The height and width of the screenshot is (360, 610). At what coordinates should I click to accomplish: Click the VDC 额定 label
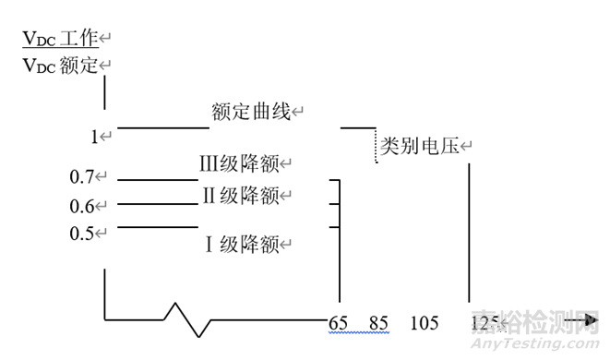[x=60, y=66]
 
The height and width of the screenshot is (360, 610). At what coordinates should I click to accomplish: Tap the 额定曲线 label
[x=250, y=113]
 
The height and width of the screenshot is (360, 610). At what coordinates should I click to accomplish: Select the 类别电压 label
[x=420, y=147]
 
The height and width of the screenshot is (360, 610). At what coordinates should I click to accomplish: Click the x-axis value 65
[x=337, y=323]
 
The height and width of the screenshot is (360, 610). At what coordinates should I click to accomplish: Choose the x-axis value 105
[x=424, y=323]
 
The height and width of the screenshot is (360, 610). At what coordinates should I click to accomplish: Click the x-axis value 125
[x=483, y=323]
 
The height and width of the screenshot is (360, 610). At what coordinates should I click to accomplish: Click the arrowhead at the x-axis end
[x=590, y=321]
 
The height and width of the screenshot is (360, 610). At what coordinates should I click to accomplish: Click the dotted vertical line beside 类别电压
[x=377, y=147]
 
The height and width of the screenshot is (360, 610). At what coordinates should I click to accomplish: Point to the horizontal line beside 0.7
[x=157, y=180]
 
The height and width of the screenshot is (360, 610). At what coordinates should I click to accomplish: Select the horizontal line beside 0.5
[x=157, y=226]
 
